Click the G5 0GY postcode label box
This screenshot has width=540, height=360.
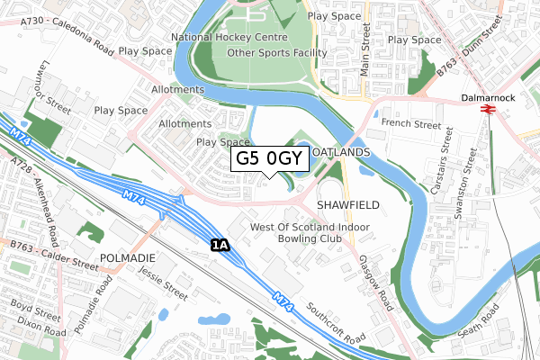(x=270, y=159)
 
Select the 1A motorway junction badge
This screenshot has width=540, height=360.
(x=220, y=245)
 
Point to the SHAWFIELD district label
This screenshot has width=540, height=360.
(x=347, y=205)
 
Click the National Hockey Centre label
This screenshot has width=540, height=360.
(x=229, y=38)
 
